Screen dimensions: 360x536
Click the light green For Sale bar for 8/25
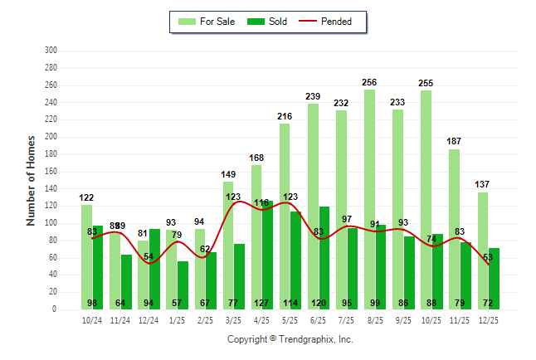[x=369, y=199]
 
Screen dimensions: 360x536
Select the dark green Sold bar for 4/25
[x=267, y=249]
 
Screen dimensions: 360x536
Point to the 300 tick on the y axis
[x=51, y=51]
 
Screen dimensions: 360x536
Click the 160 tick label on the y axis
[x=51, y=172]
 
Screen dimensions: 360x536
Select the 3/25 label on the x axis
[x=233, y=320]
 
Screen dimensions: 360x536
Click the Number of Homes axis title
[x=32, y=180]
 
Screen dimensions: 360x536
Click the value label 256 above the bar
[x=369, y=82]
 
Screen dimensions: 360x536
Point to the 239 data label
[x=313, y=97]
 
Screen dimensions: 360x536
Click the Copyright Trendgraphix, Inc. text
[x=290, y=339]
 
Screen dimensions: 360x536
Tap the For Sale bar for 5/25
[x=285, y=216]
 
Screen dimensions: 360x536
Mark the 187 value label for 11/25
[x=454, y=142]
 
